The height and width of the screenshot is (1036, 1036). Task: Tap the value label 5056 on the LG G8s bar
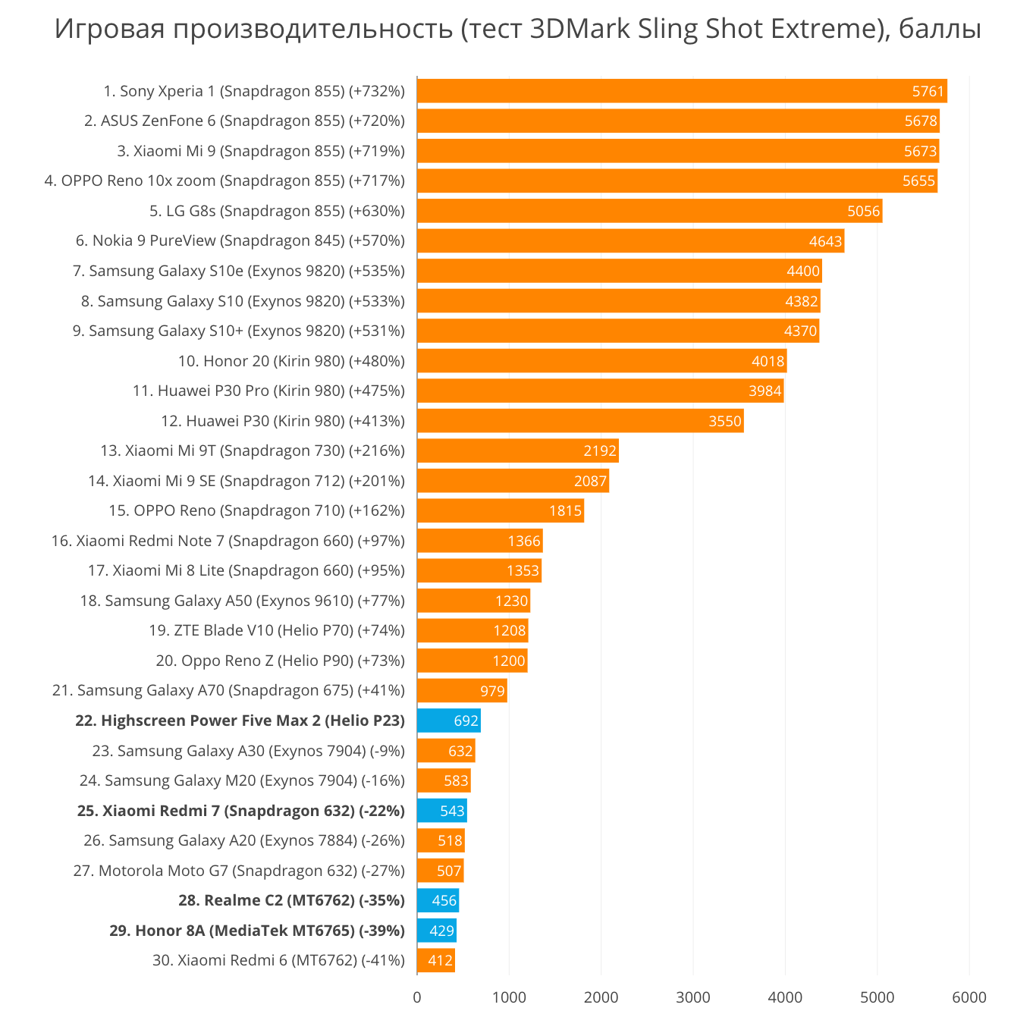point(864,211)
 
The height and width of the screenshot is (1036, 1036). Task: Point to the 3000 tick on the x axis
point(693,997)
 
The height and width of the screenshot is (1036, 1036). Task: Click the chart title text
point(518,29)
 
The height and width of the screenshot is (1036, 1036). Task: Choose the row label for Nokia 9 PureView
point(240,241)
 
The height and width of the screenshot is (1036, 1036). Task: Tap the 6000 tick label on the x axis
point(969,997)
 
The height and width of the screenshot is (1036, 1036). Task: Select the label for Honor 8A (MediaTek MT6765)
point(257,931)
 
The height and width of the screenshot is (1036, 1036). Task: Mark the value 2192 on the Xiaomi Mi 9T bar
point(600,451)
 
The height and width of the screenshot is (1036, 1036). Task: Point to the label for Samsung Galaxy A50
point(243,601)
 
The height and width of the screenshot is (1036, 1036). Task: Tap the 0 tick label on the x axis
point(417,997)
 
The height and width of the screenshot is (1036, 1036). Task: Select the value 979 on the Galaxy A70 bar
point(493,691)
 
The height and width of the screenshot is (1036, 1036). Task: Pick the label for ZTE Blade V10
point(277,630)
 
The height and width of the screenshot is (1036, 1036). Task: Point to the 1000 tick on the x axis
point(509,997)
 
